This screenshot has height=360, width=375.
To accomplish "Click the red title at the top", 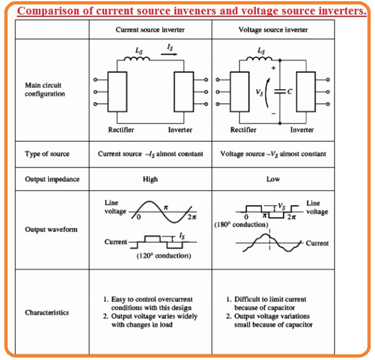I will click(x=191, y=11).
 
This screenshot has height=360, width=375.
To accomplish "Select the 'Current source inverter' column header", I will click(x=150, y=30).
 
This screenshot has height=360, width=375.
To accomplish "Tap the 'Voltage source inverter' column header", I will click(x=273, y=30).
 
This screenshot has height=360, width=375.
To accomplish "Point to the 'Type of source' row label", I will click(x=47, y=154).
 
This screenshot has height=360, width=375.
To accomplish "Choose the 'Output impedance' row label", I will click(x=52, y=179).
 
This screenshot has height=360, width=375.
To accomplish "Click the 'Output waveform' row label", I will click(x=51, y=230).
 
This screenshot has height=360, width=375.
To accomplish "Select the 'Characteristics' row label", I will click(x=47, y=312).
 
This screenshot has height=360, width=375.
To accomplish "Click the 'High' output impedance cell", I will click(x=150, y=179).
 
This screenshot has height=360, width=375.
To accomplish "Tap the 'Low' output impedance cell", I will click(x=273, y=179).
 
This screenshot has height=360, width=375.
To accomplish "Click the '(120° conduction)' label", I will click(x=164, y=255).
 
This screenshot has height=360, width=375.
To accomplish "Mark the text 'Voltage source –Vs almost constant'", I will click(x=273, y=154).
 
